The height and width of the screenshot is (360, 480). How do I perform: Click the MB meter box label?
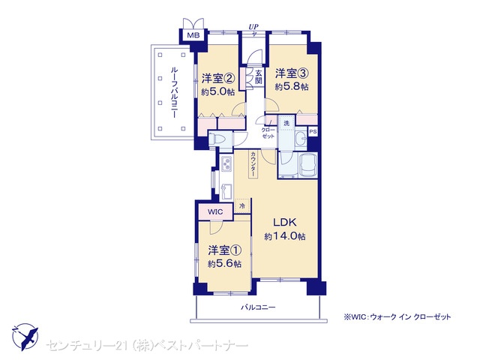tap(193, 35)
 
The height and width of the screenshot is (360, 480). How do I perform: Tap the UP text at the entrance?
tap(253, 27)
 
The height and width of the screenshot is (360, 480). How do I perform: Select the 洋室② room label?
tap(218, 79)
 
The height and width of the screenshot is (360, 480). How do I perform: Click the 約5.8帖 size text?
tap(292, 87)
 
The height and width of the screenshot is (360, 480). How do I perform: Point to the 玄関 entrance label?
tap(259, 76)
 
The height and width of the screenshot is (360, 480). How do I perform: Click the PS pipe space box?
tap(313, 132)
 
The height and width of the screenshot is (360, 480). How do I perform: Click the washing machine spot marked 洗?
tap(286, 123)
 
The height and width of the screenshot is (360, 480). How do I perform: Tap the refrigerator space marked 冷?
tap(242, 205)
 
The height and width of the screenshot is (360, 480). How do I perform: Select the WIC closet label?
tap(215, 211)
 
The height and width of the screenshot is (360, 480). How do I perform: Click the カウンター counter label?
tap(253, 163)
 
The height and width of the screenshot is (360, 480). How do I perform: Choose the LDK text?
tap(285, 222)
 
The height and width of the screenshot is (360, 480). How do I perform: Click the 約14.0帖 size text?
tap(285, 237)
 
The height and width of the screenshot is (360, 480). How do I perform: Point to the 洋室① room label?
tap(224, 250)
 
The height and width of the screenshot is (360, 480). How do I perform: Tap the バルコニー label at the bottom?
tap(258, 307)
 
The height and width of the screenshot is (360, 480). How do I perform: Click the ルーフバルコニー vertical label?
tap(173, 93)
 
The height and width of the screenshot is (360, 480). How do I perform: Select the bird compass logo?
tap(25, 337)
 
